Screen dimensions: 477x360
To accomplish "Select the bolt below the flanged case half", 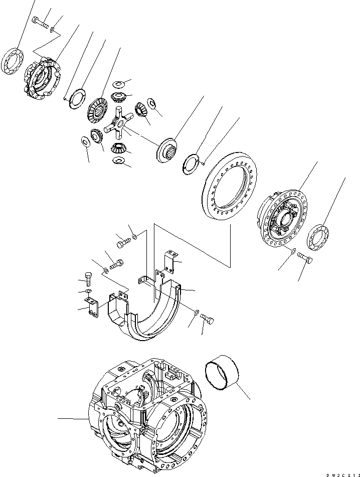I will pyautogui.click(x=305, y=259).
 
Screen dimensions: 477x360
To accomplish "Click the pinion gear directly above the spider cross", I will pyautogui.click(x=120, y=97).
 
